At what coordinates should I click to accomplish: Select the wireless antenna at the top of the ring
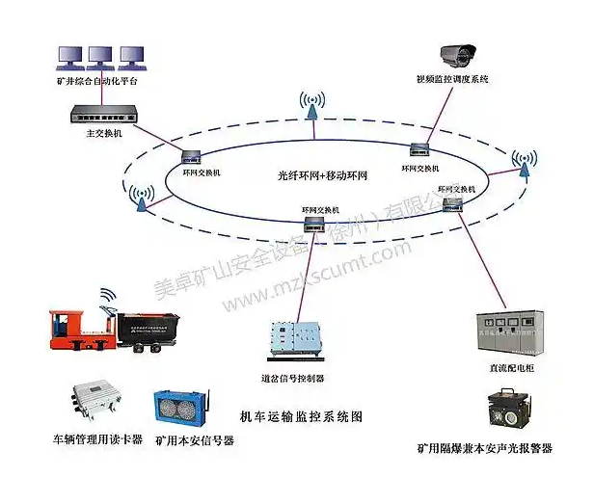(311, 105)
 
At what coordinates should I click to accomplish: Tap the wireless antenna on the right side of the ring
(525, 165)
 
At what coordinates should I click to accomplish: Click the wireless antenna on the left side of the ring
(137, 197)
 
